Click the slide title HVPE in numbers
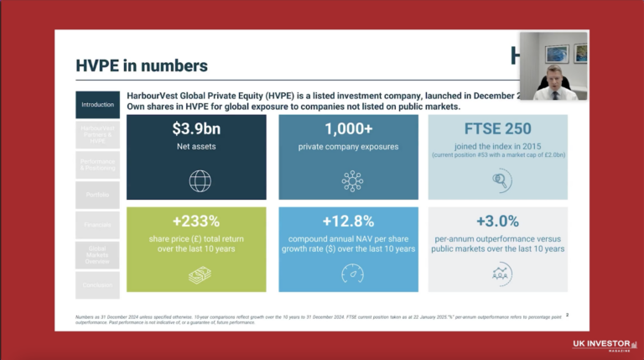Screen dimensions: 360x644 142,65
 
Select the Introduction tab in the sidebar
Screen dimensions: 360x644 97,105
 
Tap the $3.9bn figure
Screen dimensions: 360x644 196,129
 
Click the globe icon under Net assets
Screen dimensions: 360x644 196,180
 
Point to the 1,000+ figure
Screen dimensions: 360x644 348,129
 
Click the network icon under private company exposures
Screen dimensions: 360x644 348,180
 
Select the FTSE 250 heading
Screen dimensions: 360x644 498,129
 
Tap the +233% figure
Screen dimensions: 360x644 196,222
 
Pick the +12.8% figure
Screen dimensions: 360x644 348,222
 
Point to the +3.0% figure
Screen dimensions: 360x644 498,222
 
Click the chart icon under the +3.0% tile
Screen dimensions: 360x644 498,273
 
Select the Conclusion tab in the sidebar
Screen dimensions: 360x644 97,284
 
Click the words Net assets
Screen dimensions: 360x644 196,147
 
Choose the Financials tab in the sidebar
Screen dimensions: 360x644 97,226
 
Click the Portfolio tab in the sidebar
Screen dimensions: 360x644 97,195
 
